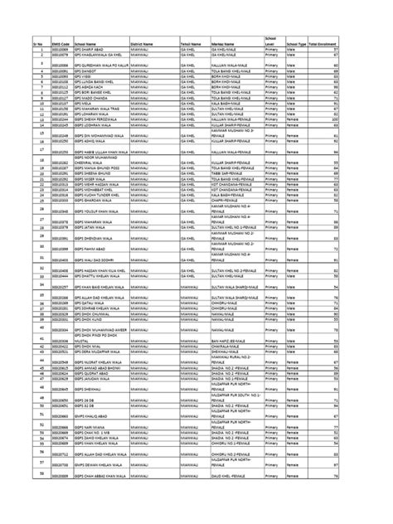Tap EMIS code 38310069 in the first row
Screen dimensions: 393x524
[58, 50]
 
